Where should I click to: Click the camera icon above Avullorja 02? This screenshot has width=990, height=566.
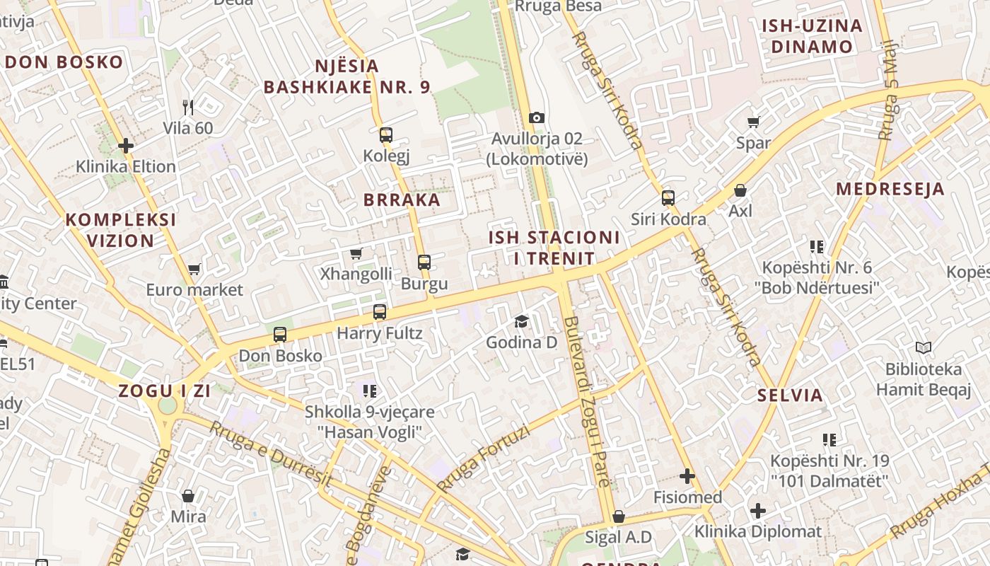(537, 117)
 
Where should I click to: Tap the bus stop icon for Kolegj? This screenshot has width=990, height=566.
(385, 134)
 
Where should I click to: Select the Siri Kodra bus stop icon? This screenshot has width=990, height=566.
(668, 198)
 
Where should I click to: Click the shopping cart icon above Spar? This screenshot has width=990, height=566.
(754, 122)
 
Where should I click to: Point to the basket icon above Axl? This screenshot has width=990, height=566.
(740, 190)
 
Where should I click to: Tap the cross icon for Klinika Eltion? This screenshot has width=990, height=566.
(126, 146)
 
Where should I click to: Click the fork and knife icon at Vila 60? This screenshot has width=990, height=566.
(187, 108)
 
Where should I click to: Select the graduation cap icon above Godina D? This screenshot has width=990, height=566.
(521, 322)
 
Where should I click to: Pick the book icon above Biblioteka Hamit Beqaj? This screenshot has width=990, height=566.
(923, 348)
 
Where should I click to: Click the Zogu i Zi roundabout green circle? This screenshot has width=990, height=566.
(168, 405)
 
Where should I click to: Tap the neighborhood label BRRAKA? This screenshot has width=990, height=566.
(402, 200)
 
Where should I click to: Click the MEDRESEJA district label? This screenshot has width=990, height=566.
(890, 189)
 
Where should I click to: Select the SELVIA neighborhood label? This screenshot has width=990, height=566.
(790, 395)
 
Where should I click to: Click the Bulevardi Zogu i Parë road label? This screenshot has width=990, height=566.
(586, 401)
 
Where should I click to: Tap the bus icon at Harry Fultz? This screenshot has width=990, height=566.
(380, 312)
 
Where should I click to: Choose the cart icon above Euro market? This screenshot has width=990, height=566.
(194, 269)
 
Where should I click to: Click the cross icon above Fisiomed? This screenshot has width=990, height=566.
(687, 476)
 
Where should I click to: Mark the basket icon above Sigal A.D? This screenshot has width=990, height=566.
(619, 517)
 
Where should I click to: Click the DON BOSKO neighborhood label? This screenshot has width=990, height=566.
(64, 62)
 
